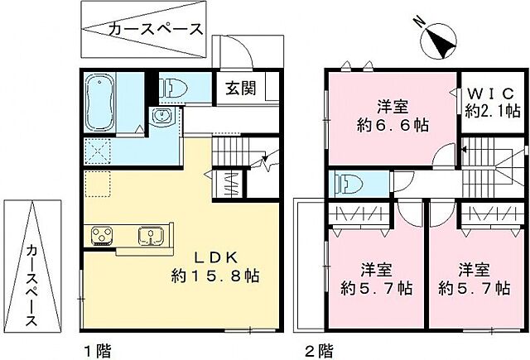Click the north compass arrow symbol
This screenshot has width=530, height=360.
pyautogui.click(x=439, y=40)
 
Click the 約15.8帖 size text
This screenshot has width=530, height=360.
pyautogui.click(x=215, y=275)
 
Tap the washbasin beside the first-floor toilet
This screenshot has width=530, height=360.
pyautogui.click(x=163, y=116)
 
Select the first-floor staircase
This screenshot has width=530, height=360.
pyautogui.click(x=240, y=153)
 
